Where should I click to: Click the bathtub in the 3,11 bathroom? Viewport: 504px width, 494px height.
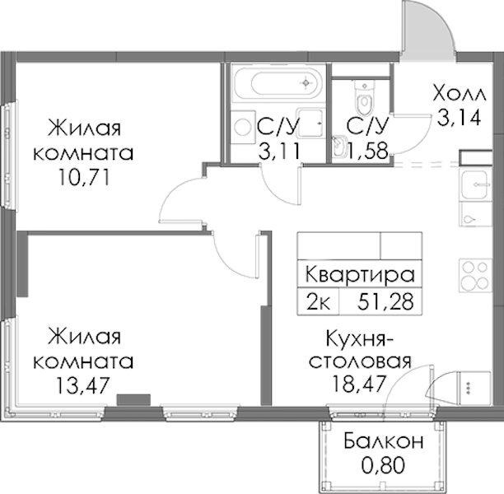pyautogui.click(x=278, y=83)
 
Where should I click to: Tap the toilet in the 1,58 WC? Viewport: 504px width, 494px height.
pyautogui.click(x=365, y=98)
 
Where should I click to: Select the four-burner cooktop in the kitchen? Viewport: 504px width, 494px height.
pyautogui.click(x=475, y=276)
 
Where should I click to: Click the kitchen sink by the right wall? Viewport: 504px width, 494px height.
pyautogui.click(x=475, y=184)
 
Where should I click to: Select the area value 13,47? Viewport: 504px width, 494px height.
pyautogui.click(x=83, y=385)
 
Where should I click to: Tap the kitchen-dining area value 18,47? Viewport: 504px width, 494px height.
pyautogui.click(x=358, y=383)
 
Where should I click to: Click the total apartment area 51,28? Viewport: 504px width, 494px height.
pyautogui.click(x=385, y=302)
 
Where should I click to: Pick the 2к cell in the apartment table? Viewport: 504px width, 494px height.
pyautogui.click(x=318, y=302)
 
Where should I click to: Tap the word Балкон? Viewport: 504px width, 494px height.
pyautogui.click(x=384, y=441)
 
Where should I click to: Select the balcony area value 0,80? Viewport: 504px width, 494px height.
pyautogui.click(x=383, y=465)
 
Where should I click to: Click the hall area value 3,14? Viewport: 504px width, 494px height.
pyautogui.click(x=459, y=118)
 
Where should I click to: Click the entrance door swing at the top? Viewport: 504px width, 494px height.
pyautogui.click(x=428, y=30)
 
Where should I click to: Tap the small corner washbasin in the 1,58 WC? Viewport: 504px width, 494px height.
pyautogui.click(x=338, y=147)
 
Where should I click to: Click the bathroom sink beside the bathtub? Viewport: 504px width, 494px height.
pyautogui.click(x=310, y=123)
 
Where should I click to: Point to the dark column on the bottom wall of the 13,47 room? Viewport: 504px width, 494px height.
pyautogui.click(x=133, y=399)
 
